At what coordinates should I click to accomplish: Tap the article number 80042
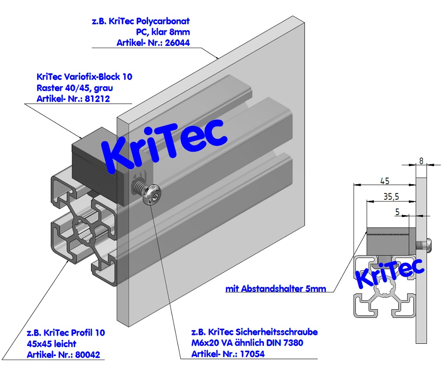(92, 355)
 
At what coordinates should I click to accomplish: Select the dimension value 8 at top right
(421, 161)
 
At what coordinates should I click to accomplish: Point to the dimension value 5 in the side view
(398, 212)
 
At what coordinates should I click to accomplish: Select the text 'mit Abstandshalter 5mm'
(275, 289)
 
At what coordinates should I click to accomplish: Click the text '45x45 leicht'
(52, 344)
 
